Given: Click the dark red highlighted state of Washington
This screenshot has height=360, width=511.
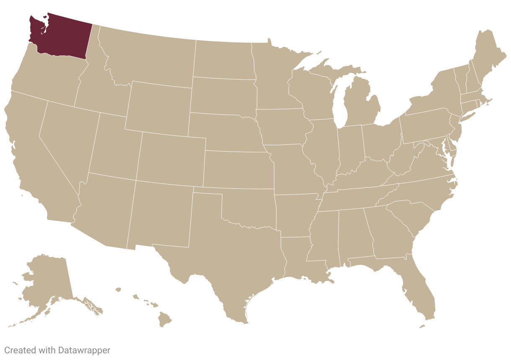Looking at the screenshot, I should coord(63,36).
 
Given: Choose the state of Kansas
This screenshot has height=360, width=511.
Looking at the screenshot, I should coord(237,170).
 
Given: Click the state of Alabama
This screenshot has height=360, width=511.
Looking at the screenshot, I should coord(354,234).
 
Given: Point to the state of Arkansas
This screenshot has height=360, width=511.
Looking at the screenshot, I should coord(295,213).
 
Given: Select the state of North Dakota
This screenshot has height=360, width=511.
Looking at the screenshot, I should coord(224,59).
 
